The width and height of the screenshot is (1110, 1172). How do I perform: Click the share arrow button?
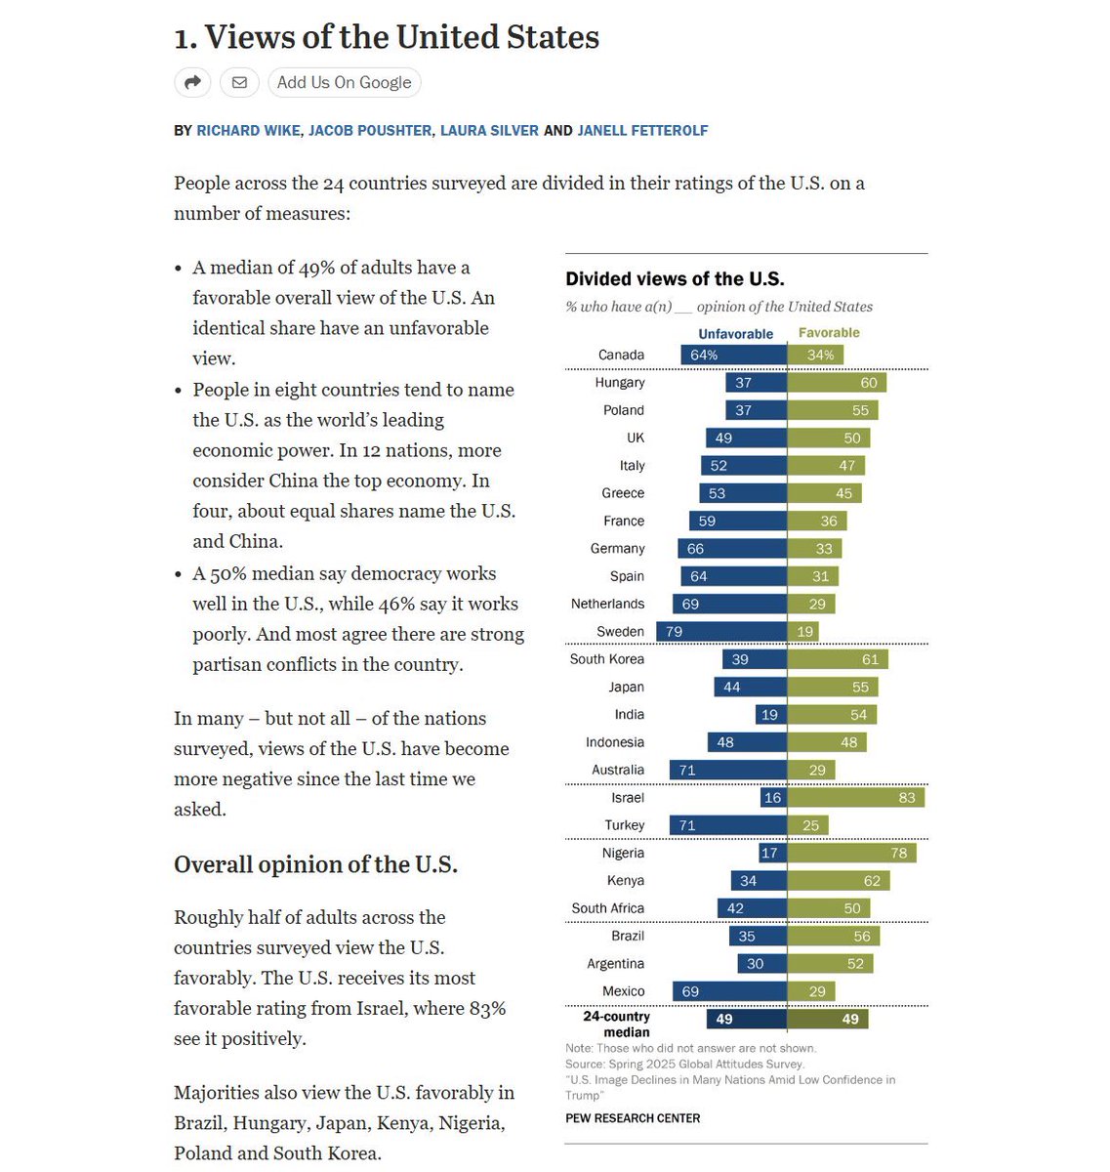click(x=192, y=82)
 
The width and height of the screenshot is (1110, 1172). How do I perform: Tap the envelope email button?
click(x=239, y=82)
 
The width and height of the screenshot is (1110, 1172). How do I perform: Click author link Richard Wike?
click(x=248, y=130)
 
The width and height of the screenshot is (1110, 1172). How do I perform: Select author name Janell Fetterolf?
click(x=642, y=130)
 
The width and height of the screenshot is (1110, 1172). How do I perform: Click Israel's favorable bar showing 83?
click(x=855, y=798)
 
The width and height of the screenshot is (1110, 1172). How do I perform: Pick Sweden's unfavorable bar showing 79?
click(x=720, y=632)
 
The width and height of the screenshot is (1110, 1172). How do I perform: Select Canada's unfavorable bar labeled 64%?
click(x=733, y=356)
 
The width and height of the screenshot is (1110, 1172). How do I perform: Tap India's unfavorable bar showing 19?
click(x=771, y=715)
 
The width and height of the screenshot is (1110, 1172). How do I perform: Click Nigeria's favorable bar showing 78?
click(x=851, y=854)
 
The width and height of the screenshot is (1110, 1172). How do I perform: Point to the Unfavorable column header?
click(x=735, y=334)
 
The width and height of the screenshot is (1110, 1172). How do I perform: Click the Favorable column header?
click(x=829, y=333)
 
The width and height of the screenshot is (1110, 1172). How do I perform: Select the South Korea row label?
click(x=606, y=659)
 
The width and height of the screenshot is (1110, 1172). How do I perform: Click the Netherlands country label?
click(x=607, y=604)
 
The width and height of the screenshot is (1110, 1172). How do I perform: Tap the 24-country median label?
click(x=616, y=1024)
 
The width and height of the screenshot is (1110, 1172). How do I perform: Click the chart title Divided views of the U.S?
click(x=675, y=278)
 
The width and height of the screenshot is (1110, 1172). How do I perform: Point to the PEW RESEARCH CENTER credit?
click(x=633, y=1118)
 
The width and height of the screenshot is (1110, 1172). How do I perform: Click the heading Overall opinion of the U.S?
click(x=315, y=865)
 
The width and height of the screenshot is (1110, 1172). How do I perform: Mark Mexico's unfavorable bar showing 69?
click(x=729, y=991)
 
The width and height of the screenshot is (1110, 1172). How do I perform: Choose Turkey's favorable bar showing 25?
click(x=807, y=826)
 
